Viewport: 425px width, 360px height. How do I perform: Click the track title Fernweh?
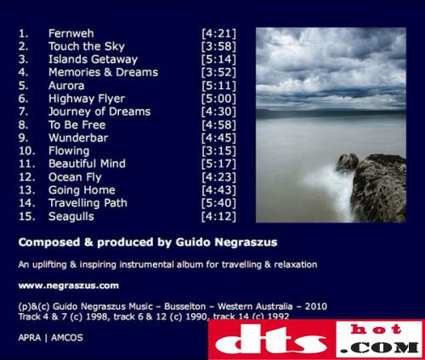71,33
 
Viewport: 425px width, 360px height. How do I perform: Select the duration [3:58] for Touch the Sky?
218,47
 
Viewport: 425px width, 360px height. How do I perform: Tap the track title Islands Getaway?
93,59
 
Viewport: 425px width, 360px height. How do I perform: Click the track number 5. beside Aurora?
24,86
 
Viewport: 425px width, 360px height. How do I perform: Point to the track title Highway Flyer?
87,98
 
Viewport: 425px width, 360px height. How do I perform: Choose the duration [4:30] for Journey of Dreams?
218,111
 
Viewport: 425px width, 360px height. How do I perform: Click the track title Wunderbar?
78,138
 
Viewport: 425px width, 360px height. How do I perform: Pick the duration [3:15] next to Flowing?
218,150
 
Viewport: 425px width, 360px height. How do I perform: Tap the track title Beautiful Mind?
87,164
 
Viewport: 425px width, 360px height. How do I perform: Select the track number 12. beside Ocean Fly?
27,177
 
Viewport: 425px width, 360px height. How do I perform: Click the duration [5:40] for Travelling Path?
218,203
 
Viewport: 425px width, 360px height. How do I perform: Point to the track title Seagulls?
71,217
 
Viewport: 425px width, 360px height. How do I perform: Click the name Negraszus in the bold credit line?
246,242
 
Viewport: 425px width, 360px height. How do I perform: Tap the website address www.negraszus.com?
69,285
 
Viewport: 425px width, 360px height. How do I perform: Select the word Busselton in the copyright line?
185,307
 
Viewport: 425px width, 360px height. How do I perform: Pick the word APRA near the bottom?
30,338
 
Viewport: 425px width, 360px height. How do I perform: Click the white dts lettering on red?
270,340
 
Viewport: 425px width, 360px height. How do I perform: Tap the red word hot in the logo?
377,329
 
